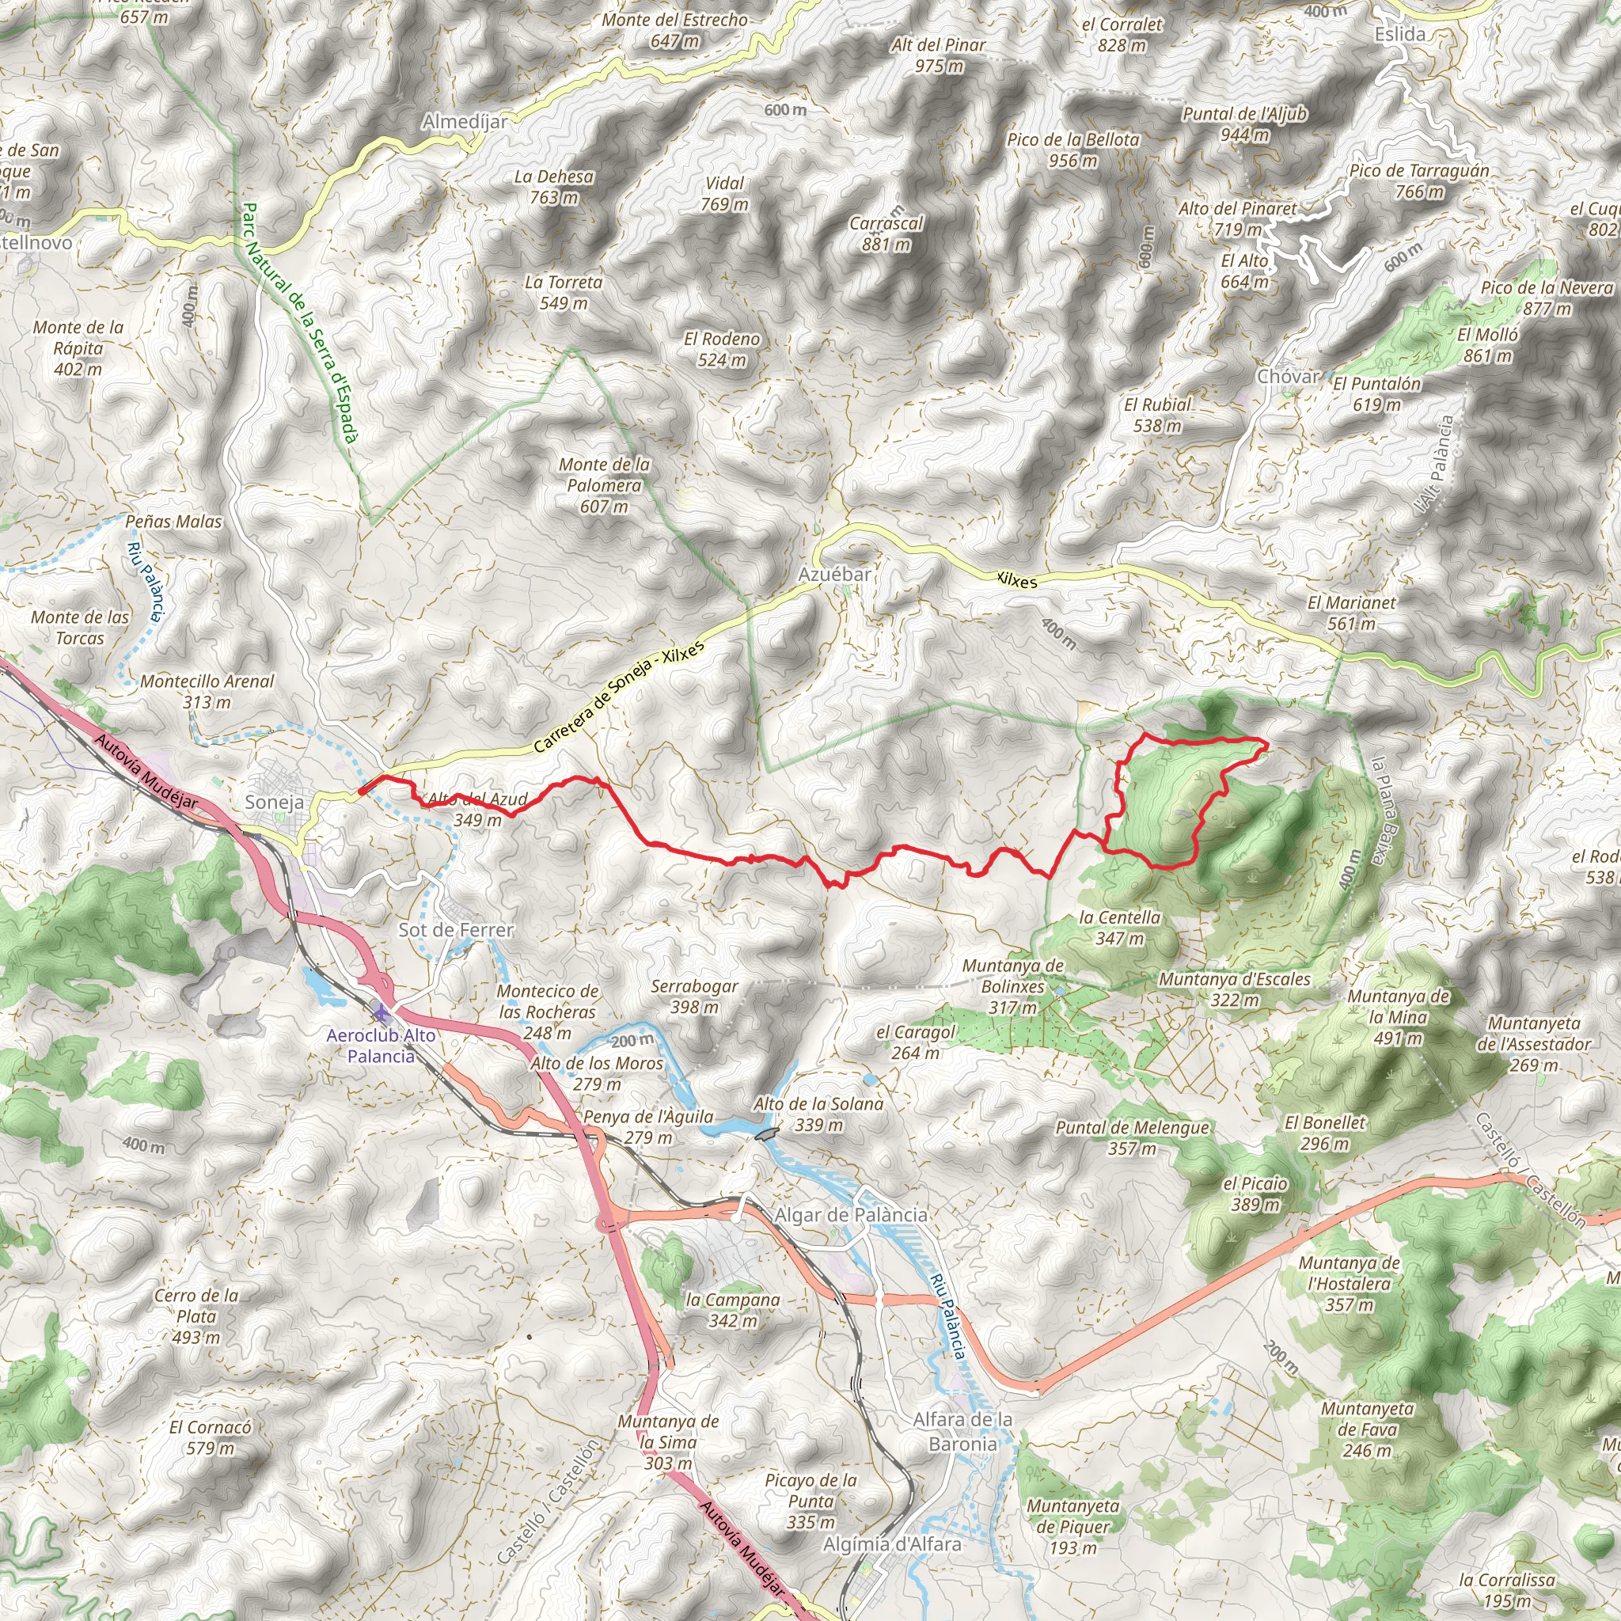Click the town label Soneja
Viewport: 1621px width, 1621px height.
coord(275,802)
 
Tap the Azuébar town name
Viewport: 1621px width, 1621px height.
coord(834,575)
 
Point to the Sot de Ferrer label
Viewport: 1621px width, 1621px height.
coord(456,930)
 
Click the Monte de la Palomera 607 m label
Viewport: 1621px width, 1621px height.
coord(604,485)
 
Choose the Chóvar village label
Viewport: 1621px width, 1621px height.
coord(1288,377)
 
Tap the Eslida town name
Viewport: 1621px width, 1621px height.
coord(1399,34)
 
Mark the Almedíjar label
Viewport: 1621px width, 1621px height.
coord(465,122)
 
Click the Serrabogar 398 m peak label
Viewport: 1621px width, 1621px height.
coord(694,996)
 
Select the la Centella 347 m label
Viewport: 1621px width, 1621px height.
coord(1119,927)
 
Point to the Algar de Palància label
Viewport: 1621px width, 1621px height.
coord(851,1215)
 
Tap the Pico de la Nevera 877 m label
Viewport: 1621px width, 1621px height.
coord(1547,298)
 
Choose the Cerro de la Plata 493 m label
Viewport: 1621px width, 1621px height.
coord(196,1315)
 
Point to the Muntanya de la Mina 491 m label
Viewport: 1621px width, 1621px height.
coord(1398,1017)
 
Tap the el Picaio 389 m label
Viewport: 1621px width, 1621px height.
coord(1255,1193)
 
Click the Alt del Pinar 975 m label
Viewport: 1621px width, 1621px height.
coord(938,55)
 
